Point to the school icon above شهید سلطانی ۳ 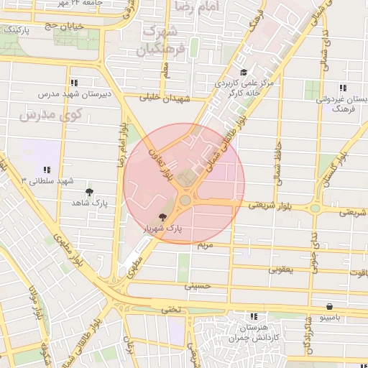47,170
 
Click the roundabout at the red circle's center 185,199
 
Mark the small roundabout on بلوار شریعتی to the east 315,209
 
